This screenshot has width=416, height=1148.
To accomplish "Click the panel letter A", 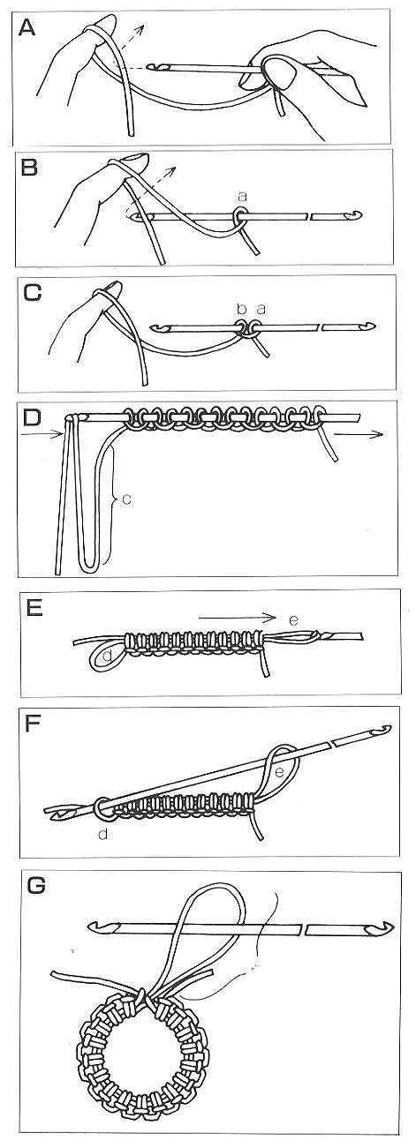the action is click(27, 27).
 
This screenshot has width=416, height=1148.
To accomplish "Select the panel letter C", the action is click(32, 293).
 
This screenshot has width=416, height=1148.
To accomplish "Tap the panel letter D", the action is click(31, 417).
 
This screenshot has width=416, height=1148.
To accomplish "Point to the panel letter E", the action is click(33, 610).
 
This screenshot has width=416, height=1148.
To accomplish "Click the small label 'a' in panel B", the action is click(243, 196).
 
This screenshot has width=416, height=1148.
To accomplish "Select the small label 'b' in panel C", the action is click(242, 309).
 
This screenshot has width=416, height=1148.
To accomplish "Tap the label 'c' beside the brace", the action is click(126, 499).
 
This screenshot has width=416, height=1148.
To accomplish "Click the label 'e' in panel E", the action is click(293, 620).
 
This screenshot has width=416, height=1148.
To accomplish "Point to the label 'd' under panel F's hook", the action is click(103, 835).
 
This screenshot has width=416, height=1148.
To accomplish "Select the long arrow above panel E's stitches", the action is click(238, 618).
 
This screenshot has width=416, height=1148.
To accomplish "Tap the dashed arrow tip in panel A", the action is click(143, 26).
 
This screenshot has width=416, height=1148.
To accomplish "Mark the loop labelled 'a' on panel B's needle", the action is click(240, 215).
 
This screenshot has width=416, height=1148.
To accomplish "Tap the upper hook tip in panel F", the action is click(385, 728).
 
